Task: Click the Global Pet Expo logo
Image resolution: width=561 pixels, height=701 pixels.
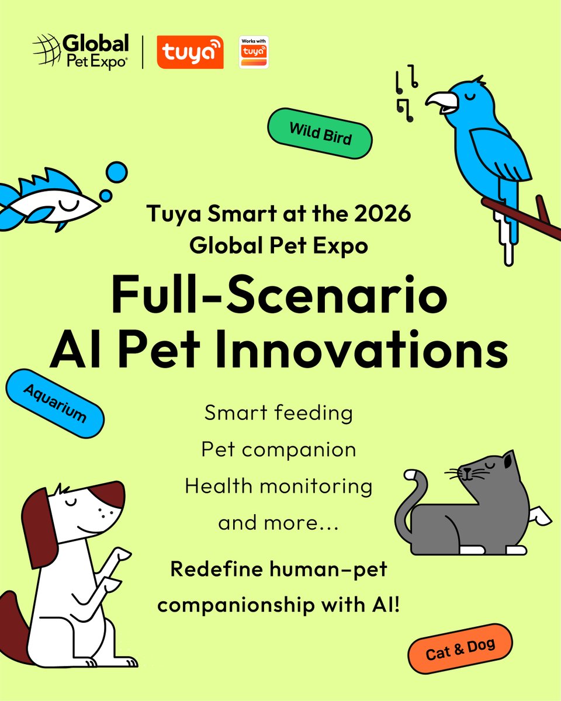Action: click(x=81, y=53)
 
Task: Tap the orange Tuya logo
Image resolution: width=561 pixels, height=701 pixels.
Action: click(x=190, y=53)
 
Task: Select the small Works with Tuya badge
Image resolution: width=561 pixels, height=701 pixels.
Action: click(x=254, y=53)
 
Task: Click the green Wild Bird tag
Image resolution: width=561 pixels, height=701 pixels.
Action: click(x=319, y=133)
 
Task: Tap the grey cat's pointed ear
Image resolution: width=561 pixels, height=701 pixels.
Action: click(x=507, y=460)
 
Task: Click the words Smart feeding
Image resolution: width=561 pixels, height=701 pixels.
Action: click(x=279, y=414)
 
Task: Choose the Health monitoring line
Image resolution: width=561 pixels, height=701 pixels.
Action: click(x=279, y=486)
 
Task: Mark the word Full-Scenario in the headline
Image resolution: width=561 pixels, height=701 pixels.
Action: click(x=279, y=296)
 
